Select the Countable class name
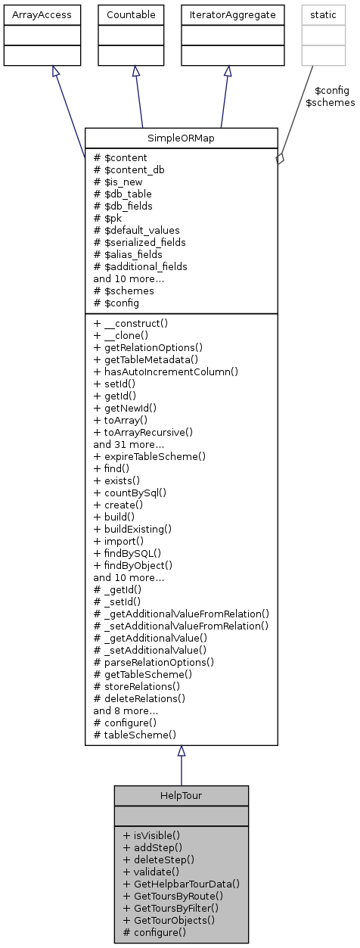click(136, 14)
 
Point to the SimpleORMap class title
click(182, 138)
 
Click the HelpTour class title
click(182, 797)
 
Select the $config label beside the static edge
click(332, 90)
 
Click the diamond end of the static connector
click(279, 158)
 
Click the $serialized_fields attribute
click(139, 242)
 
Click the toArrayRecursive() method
click(143, 432)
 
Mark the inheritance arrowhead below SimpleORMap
click(182, 751)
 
